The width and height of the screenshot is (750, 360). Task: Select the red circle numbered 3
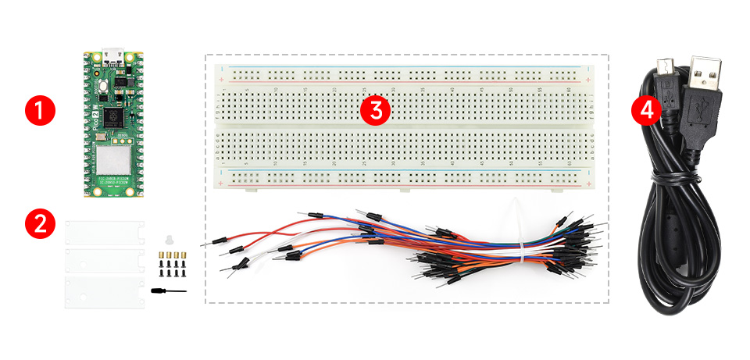pos(376,110)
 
